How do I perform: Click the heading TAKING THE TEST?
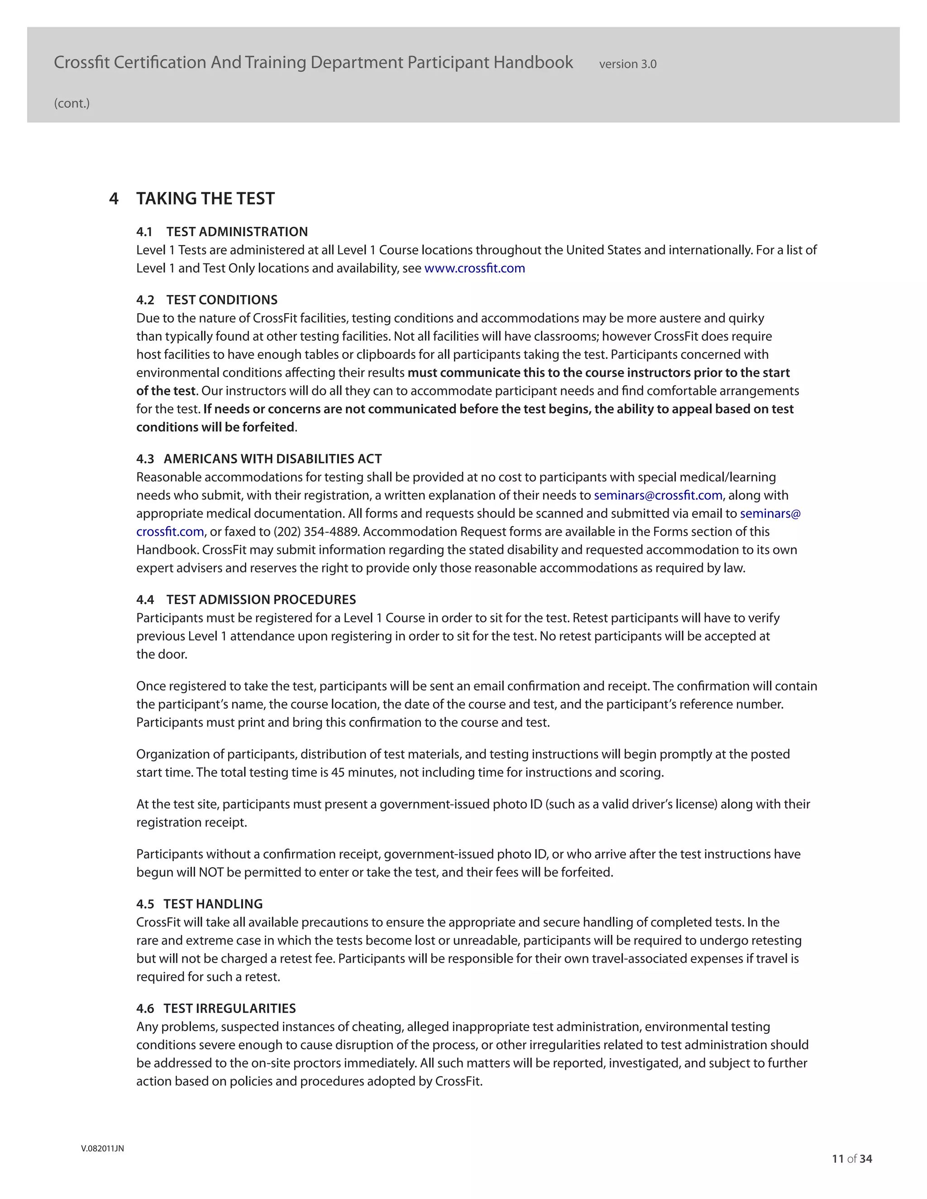[x=205, y=199]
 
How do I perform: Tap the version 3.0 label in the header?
[x=627, y=64]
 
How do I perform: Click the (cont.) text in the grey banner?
[x=72, y=103]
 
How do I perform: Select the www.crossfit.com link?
[x=474, y=268]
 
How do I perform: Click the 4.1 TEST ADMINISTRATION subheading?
[x=222, y=232]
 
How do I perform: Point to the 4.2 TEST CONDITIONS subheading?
[x=206, y=300]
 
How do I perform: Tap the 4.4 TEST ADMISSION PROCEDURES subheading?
[x=246, y=599]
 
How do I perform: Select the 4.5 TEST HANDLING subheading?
[x=199, y=904]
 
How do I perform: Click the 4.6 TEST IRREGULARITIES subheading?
[x=216, y=1009]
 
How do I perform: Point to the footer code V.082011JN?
[x=102, y=1148]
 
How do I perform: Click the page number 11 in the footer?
[x=837, y=1159]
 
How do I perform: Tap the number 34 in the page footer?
[x=866, y=1159]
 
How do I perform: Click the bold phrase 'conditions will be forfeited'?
[x=215, y=427]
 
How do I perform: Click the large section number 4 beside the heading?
[x=114, y=199]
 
